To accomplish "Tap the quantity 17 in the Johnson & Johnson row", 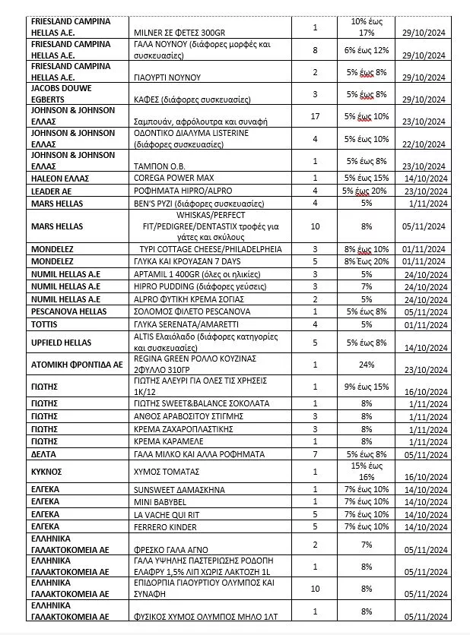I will coord(316,115).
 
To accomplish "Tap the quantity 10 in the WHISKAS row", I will coord(316,226).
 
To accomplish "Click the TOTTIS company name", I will coord(46,324).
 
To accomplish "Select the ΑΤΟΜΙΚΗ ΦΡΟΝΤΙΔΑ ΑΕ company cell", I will coord(76,364).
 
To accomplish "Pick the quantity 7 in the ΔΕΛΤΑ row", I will coord(316,453).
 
